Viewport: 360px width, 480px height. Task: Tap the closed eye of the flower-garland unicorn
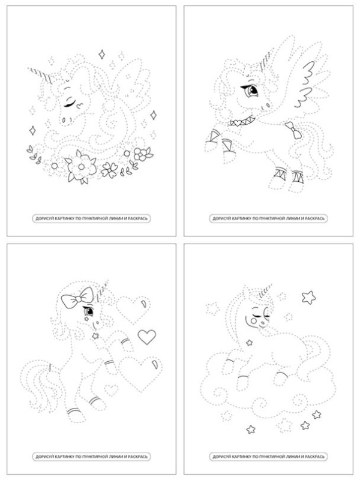[70, 103]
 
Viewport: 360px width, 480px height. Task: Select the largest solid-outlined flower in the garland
[81, 167]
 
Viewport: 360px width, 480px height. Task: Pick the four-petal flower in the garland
[109, 170]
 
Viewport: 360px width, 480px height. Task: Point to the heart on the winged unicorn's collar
[238, 124]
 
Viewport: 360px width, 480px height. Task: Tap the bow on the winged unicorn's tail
[293, 130]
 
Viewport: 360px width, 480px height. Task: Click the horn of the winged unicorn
[266, 61]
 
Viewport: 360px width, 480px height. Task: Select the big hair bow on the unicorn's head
[77, 297]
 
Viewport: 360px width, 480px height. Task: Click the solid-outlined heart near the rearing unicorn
[147, 337]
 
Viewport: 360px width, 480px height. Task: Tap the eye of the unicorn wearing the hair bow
[88, 311]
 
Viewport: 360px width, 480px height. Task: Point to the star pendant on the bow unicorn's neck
[95, 336]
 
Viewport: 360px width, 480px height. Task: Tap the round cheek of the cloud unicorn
[253, 321]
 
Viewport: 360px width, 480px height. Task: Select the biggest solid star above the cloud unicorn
[308, 297]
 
